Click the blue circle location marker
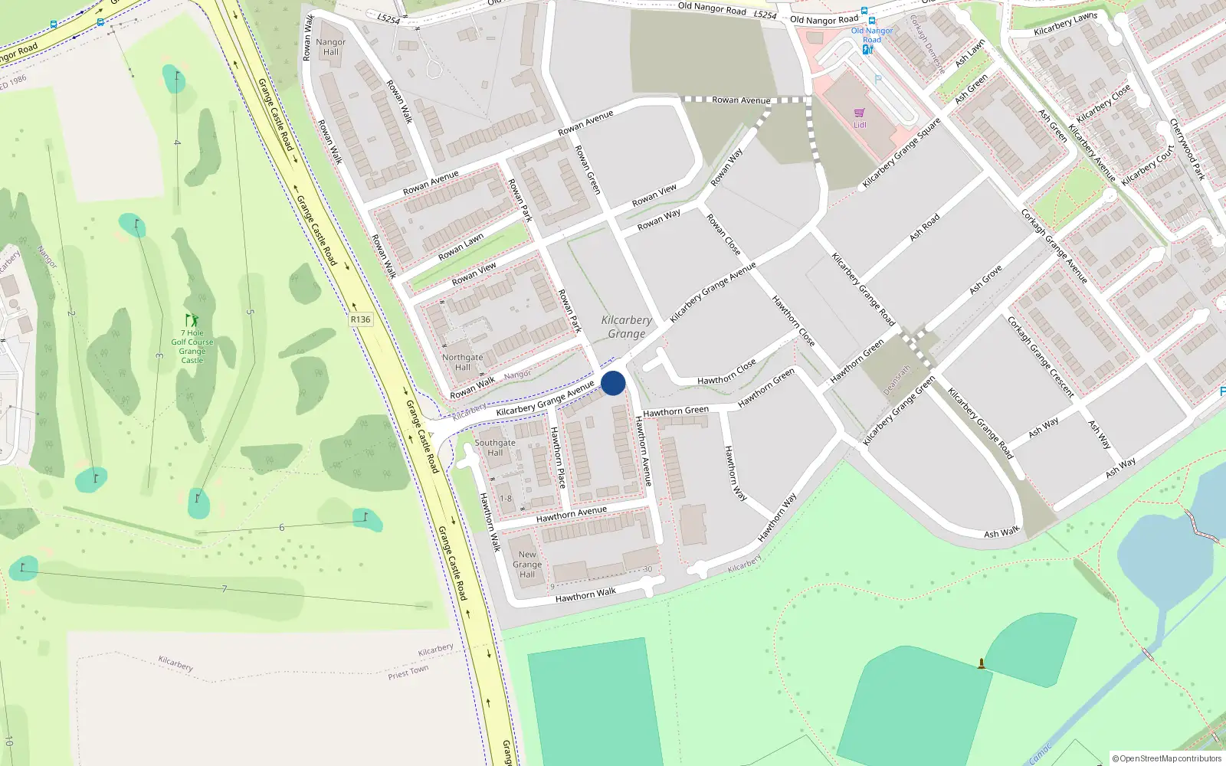pos(613,383)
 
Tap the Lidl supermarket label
pos(860,125)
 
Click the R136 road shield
pos(360,319)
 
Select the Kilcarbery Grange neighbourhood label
pos(627,327)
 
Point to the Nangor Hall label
pos(330,47)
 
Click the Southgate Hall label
pos(495,447)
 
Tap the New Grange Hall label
pos(527,565)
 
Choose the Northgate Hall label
pos(463,362)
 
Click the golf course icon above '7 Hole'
pos(192,320)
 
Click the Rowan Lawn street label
pos(461,247)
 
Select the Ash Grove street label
pos(985,280)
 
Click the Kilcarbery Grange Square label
pos(901,153)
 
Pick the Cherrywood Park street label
pos(1187,149)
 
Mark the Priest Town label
pos(408,672)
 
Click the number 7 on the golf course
pos(224,589)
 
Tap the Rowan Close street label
pos(723,234)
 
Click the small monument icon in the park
pos(981,663)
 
